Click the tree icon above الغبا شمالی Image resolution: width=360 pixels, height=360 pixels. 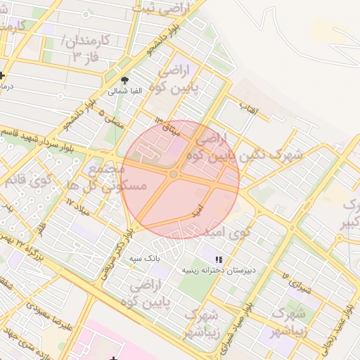125,81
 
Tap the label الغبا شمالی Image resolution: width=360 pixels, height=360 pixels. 125,91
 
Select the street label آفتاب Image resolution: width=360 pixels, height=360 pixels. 249,109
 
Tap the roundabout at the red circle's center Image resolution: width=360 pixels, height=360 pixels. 174,174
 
